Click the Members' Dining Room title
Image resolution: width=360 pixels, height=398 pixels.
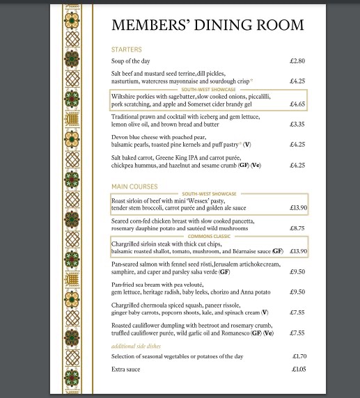point(208,25)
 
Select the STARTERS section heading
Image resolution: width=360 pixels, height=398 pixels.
point(126,50)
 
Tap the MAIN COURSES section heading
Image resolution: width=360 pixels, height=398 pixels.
point(134,186)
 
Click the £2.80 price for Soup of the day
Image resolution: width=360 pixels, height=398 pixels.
point(297,61)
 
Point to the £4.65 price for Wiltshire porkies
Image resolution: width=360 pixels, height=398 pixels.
point(297,104)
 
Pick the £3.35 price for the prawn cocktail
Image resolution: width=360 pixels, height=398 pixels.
point(297,125)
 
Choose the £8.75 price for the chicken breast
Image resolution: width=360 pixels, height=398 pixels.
point(297,228)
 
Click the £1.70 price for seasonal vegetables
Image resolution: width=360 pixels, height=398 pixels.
point(297,356)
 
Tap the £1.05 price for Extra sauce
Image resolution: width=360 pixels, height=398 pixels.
point(297,369)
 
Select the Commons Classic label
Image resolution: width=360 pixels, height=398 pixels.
point(209,237)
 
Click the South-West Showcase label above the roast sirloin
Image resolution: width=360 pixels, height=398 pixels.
point(209,193)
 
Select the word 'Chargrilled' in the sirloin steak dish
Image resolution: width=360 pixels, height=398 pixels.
point(127,244)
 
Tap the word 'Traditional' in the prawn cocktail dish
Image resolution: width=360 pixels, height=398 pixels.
point(127,116)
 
